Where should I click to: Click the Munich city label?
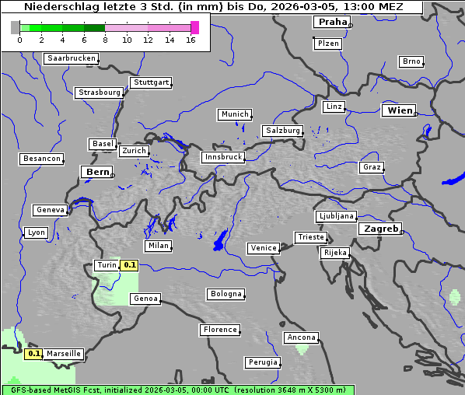(234, 114)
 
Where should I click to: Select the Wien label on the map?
(400, 110)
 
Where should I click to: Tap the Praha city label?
(332, 22)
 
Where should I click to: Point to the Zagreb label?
(380, 229)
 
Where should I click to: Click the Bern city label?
(97, 172)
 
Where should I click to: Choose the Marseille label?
(63, 354)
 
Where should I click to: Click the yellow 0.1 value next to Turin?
(130, 265)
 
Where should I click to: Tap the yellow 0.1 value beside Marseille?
(33, 354)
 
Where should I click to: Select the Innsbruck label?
(222, 157)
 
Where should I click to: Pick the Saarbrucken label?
(72, 58)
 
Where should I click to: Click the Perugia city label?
(262, 362)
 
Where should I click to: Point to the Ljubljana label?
(336, 216)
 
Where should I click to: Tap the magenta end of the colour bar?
(194, 27)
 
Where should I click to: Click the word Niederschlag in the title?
(63, 7)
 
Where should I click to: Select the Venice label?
(264, 248)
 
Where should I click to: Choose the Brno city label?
(411, 61)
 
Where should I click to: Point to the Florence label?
(220, 330)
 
